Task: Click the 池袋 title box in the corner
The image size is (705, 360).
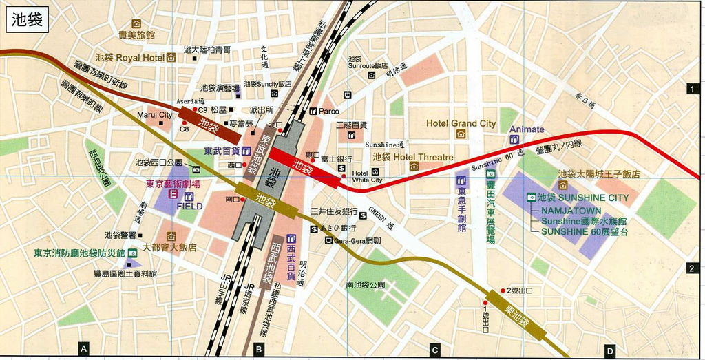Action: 27,20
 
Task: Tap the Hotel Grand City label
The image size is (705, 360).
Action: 461,123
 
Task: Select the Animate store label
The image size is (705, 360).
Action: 527,129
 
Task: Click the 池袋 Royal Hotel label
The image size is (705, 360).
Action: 129,58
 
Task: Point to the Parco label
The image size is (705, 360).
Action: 328,111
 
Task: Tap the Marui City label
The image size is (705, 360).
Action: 154,115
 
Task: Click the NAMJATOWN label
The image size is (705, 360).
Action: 571,211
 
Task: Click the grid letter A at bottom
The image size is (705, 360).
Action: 84,350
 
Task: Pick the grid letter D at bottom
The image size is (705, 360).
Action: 610,351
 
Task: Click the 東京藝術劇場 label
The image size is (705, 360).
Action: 172,184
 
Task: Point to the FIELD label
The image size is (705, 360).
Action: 189,206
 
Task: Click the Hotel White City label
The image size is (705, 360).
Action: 366,176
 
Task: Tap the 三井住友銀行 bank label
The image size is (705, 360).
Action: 334,211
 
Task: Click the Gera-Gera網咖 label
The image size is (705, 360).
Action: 357,240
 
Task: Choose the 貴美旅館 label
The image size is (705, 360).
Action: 136,34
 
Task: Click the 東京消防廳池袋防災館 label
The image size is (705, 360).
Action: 81,253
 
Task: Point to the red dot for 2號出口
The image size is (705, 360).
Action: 503,290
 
